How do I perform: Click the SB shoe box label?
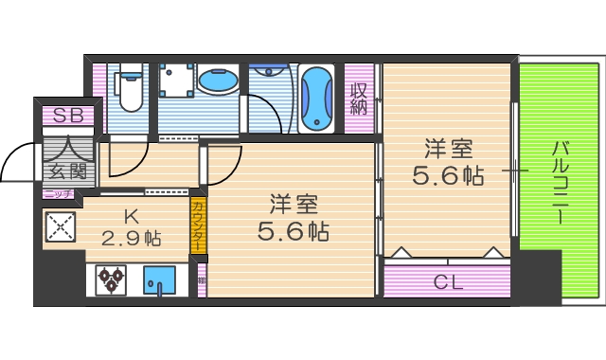tap(67, 117)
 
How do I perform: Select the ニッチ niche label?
tap(57, 194)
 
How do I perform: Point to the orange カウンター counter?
tap(197, 225)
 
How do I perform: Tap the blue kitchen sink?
tap(159, 280)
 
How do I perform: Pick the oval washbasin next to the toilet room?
tap(219, 81)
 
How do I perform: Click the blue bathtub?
tap(316, 99)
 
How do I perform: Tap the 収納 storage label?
tap(358, 99)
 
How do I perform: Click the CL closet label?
tap(447, 280)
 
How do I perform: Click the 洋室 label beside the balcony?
tap(448, 150)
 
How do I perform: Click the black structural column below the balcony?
tap(540, 277)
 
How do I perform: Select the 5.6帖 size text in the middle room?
tap(293, 229)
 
